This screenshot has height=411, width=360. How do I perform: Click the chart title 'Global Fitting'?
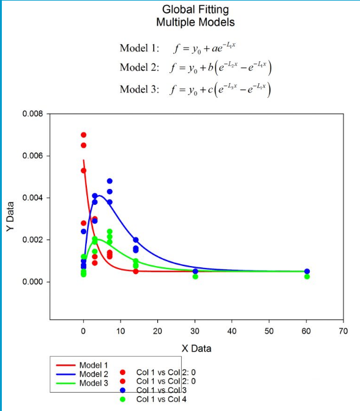click(195, 10)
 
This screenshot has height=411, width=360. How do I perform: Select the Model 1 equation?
click(178, 48)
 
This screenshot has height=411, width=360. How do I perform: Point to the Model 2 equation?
click(195, 68)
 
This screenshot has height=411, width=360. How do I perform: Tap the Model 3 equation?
click(195, 89)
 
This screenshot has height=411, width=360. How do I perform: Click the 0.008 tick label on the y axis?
click(32, 114)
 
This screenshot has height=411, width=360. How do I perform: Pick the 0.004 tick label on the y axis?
click(32, 198)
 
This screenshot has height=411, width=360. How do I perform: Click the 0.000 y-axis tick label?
click(32, 282)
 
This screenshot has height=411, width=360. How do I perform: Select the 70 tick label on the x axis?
click(343, 331)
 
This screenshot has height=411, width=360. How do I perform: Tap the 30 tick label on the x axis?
click(195, 331)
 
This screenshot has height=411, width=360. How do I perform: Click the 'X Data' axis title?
click(197, 349)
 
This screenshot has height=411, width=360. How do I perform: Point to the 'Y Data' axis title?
click(10, 217)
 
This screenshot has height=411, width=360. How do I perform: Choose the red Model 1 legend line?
click(66, 365)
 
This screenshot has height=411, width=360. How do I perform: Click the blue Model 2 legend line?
click(66, 374)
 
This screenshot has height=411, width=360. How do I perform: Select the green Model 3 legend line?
click(66, 383)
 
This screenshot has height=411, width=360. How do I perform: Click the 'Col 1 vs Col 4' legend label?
click(162, 399)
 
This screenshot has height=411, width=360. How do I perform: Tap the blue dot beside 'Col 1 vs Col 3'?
click(122, 390)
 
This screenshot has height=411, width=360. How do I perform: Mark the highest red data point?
click(83, 135)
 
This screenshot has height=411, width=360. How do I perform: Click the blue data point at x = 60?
click(307, 272)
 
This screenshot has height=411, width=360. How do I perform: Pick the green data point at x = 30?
click(195, 276)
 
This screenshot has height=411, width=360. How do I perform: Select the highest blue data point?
click(110, 181)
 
